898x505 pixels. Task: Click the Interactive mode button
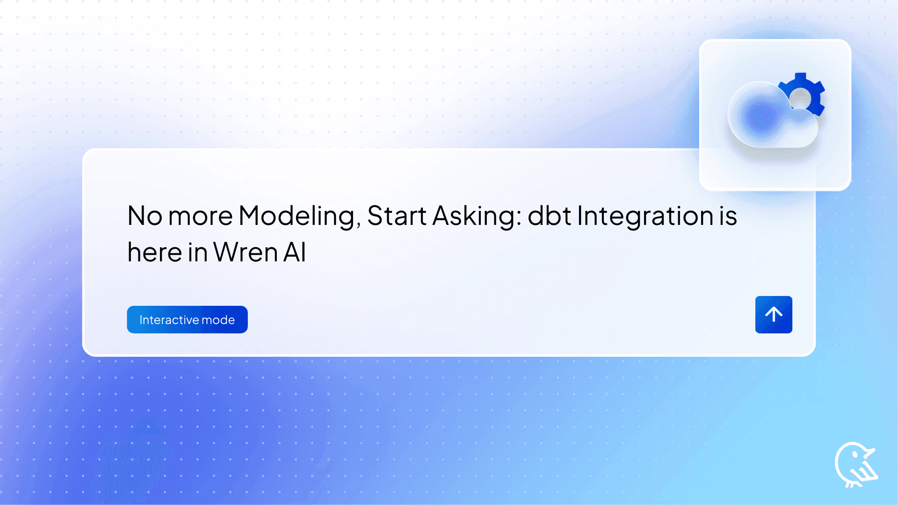point(187,319)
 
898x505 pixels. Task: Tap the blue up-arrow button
point(774,314)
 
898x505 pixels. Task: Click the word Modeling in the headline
point(299,216)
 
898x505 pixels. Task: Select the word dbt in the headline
point(549,216)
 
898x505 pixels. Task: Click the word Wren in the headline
point(246,252)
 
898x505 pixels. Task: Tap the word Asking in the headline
point(477,216)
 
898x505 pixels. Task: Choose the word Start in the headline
point(397,216)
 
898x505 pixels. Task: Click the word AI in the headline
point(295,252)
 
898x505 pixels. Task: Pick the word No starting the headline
point(145,216)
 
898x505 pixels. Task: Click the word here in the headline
point(154,252)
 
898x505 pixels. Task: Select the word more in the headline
point(200,216)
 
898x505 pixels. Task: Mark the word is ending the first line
point(728,216)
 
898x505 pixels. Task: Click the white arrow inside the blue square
point(774,314)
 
